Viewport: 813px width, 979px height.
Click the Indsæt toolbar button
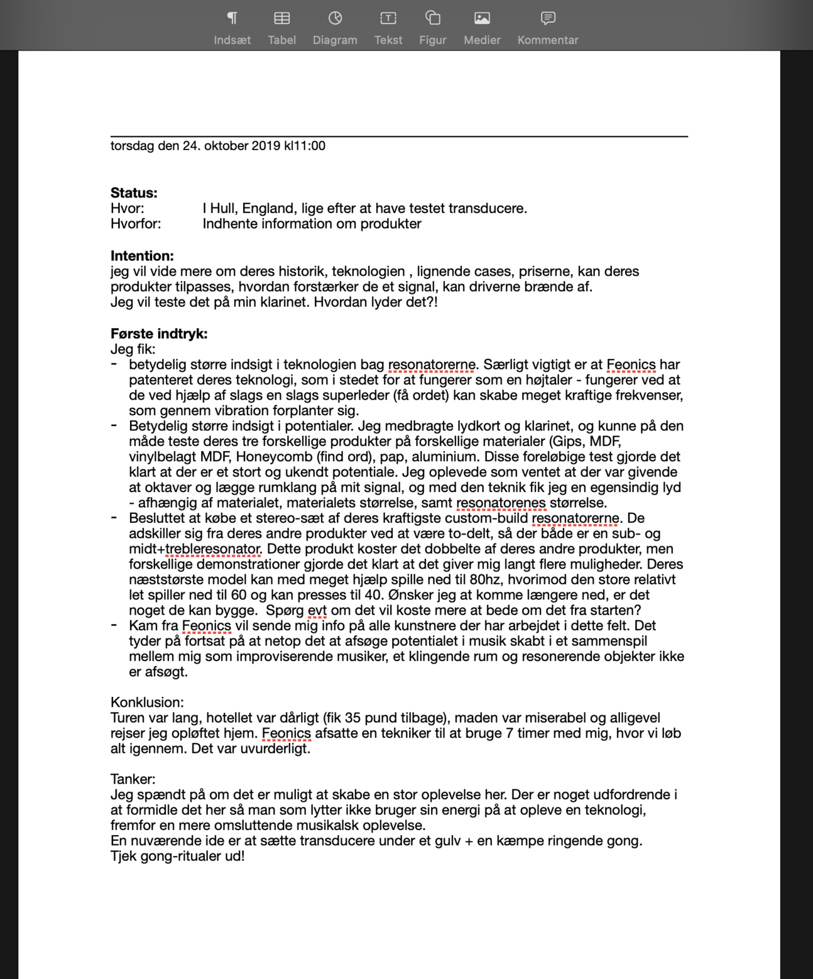click(232, 28)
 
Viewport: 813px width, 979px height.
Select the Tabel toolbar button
click(281, 28)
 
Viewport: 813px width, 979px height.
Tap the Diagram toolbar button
click(335, 28)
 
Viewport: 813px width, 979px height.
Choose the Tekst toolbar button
click(388, 28)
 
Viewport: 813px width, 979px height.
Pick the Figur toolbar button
click(432, 28)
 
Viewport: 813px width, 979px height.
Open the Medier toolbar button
click(482, 28)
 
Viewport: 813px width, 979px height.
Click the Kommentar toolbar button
click(547, 28)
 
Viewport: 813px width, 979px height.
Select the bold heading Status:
click(134, 193)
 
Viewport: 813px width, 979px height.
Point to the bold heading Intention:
click(142, 256)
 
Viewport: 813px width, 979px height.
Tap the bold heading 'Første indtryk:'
click(159, 334)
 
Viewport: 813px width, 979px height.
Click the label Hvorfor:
click(136, 224)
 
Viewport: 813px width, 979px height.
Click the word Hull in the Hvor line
click(222, 209)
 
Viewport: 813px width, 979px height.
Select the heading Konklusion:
click(147, 703)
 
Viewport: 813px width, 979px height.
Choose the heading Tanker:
click(133, 779)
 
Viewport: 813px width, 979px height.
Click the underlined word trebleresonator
click(213, 549)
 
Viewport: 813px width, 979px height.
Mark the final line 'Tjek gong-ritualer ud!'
click(177, 856)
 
